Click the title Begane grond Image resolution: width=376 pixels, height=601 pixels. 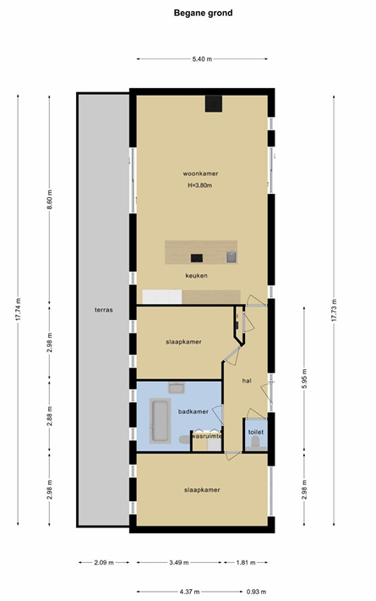click(203, 13)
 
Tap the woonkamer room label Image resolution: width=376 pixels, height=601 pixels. click(200, 174)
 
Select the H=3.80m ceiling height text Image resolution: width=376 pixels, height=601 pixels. click(200, 185)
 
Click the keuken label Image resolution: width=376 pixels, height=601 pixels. click(196, 276)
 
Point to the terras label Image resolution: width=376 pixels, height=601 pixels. click(104, 310)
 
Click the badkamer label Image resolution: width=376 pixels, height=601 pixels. click(193, 411)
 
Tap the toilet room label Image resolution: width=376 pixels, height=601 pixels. click(255, 432)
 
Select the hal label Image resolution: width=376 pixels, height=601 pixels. click(247, 381)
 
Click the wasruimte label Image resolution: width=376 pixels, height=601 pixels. click(207, 436)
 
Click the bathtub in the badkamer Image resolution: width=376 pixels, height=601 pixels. click(161, 421)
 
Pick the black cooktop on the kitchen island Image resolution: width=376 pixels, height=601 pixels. click(197, 258)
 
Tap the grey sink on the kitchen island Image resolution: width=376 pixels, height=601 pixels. click(232, 256)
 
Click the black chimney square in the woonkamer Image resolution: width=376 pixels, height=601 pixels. click(214, 103)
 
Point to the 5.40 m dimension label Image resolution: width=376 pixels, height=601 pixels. click(202, 59)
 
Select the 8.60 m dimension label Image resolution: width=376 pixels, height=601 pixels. click(49, 199)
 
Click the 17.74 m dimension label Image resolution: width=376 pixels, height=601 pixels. click(18, 310)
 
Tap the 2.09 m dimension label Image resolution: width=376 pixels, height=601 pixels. click(104, 563)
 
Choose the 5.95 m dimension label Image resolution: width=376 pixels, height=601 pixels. click(304, 378)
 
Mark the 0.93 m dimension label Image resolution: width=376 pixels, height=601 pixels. click(256, 592)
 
